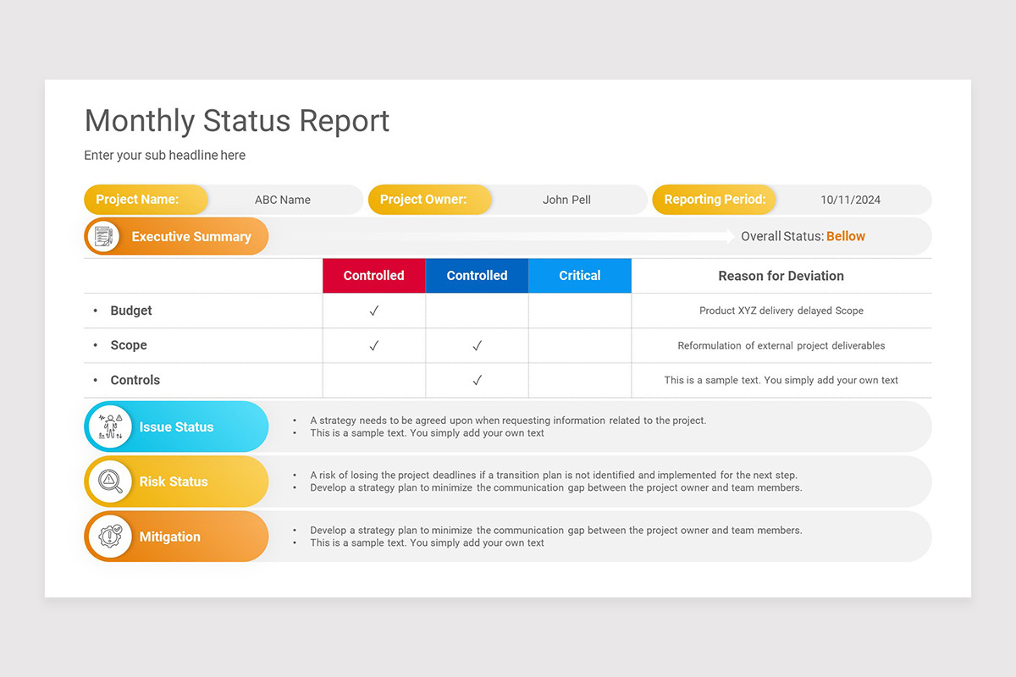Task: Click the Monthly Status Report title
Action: [237, 121]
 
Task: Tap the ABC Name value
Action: [283, 201]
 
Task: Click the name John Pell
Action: [566, 201]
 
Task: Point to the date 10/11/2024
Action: [850, 201]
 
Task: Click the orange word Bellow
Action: [846, 237]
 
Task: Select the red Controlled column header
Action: [373, 276]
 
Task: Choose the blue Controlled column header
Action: [477, 276]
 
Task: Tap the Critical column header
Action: [580, 276]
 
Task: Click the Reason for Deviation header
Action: [781, 276]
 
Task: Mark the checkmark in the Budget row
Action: [373, 311]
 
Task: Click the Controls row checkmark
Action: [477, 381]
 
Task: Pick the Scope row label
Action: [129, 345]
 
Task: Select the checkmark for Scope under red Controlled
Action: [373, 346]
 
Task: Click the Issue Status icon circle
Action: [110, 427]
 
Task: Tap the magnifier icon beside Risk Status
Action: [110, 482]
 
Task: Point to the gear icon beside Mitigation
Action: [110, 537]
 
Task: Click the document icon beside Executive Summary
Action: [103, 237]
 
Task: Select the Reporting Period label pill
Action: [714, 200]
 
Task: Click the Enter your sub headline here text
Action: [165, 156]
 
